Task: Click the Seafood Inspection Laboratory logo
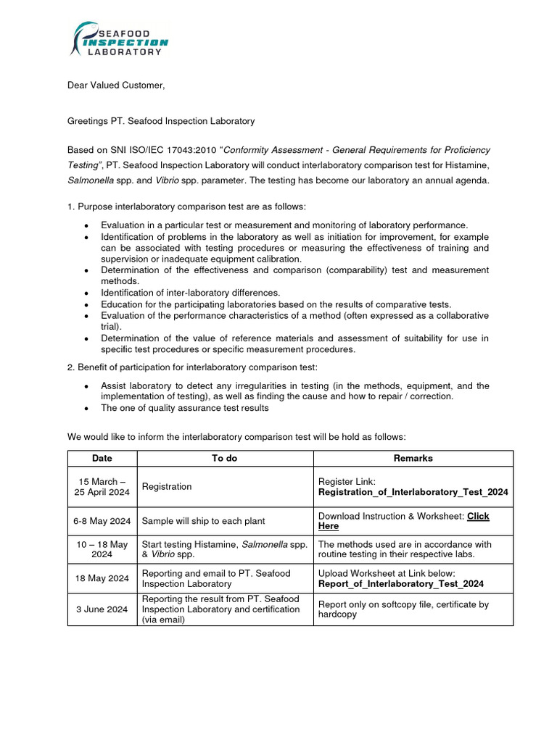(120, 39)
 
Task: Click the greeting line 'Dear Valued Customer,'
(116, 86)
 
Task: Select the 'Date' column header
(102, 458)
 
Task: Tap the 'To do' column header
(224, 458)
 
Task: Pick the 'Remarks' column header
(413, 458)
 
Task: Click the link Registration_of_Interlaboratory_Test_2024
(413, 492)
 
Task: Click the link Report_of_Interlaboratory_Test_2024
(401, 583)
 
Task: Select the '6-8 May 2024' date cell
(102, 521)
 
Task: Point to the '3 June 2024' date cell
(102, 609)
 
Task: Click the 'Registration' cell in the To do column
(167, 486)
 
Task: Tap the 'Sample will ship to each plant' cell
(203, 521)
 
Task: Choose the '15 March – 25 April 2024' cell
(102, 486)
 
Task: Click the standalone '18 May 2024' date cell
(102, 578)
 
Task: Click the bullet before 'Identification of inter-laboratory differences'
(86, 293)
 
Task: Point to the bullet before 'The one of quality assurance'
(86, 409)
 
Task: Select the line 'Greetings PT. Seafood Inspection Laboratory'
(161, 121)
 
